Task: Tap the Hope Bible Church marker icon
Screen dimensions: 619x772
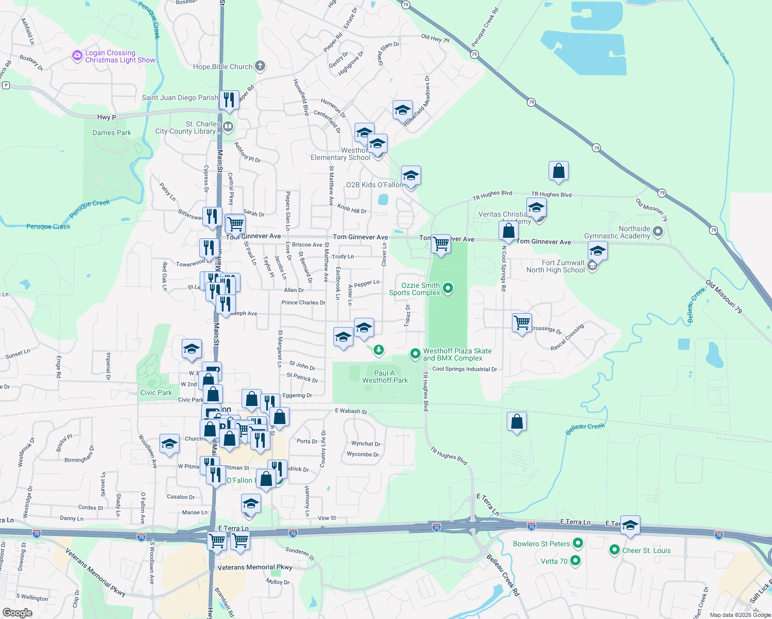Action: coord(260,66)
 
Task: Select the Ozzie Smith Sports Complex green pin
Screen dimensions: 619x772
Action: coord(448,288)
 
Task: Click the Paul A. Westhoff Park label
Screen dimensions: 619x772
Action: coord(385,377)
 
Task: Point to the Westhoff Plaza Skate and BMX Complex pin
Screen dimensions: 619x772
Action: coord(415,354)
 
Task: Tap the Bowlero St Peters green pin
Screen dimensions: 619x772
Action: coord(578,543)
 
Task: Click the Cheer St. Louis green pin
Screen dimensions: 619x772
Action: coord(614,550)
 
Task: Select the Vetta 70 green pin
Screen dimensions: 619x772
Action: coord(576,561)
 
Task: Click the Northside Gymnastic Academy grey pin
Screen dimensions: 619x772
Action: coord(658,232)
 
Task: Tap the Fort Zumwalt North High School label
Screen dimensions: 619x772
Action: coord(555,266)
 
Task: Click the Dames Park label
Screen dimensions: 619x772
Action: coord(111,133)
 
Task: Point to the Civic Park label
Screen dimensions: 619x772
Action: coord(156,393)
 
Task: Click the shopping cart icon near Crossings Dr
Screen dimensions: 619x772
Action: coord(522,322)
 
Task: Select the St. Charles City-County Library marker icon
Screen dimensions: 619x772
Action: coord(228,126)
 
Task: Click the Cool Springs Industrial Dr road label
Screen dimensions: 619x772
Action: coord(464,369)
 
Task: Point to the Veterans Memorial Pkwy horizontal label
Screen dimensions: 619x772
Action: coord(255,567)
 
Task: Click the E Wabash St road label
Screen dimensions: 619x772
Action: coord(351,411)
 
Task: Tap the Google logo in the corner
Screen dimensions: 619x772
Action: coord(17,613)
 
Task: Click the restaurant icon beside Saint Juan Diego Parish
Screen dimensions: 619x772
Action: coord(229,99)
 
